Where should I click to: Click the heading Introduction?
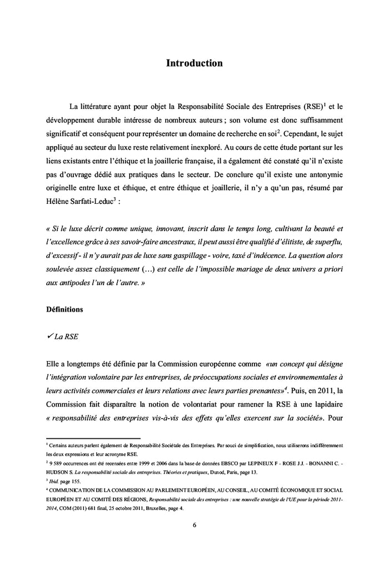pos(194,63)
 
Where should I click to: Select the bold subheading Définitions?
pos(64,309)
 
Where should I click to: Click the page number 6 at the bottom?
pos(194,525)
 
